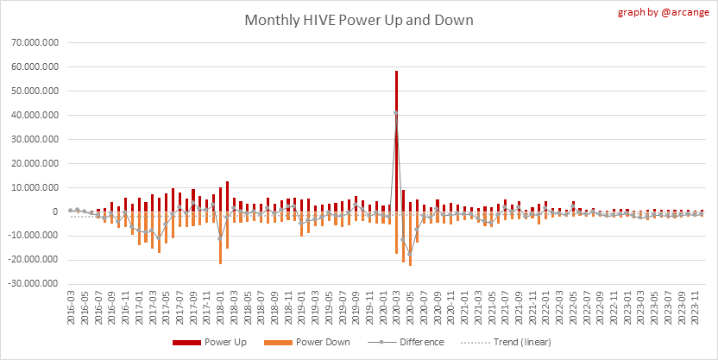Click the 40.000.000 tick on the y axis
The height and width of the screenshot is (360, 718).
pos(35,115)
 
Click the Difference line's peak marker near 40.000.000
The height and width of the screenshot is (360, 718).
pos(396,113)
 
